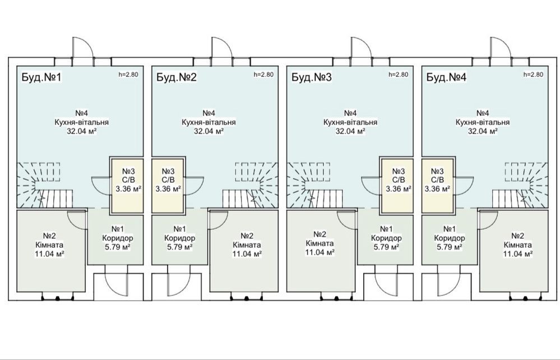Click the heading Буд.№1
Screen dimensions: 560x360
click(x=42, y=77)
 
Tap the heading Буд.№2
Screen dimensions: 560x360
click(x=177, y=77)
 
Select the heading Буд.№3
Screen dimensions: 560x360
click(x=312, y=77)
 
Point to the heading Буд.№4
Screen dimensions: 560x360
click(x=446, y=77)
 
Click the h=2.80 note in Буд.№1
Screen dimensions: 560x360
click(x=128, y=75)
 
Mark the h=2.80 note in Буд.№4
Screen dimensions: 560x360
click(x=533, y=75)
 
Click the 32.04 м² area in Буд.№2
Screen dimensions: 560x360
click(x=209, y=131)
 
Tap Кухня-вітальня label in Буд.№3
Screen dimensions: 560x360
click(x=350, y=122)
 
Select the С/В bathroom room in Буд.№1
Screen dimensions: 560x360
click(x=127, y=186)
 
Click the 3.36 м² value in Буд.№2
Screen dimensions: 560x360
click(x=168, y=189)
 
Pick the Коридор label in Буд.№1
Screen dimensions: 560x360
click(x=118, y=238)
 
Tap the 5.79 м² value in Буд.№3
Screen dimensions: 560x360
click(x=386, y=247)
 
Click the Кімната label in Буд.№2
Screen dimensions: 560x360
click(x=247, y=245)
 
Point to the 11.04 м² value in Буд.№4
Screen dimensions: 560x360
click(x=518, y=254)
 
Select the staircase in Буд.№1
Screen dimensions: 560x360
click(x=45, y=185)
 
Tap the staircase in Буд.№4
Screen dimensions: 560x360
click(x=520, y=185)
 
